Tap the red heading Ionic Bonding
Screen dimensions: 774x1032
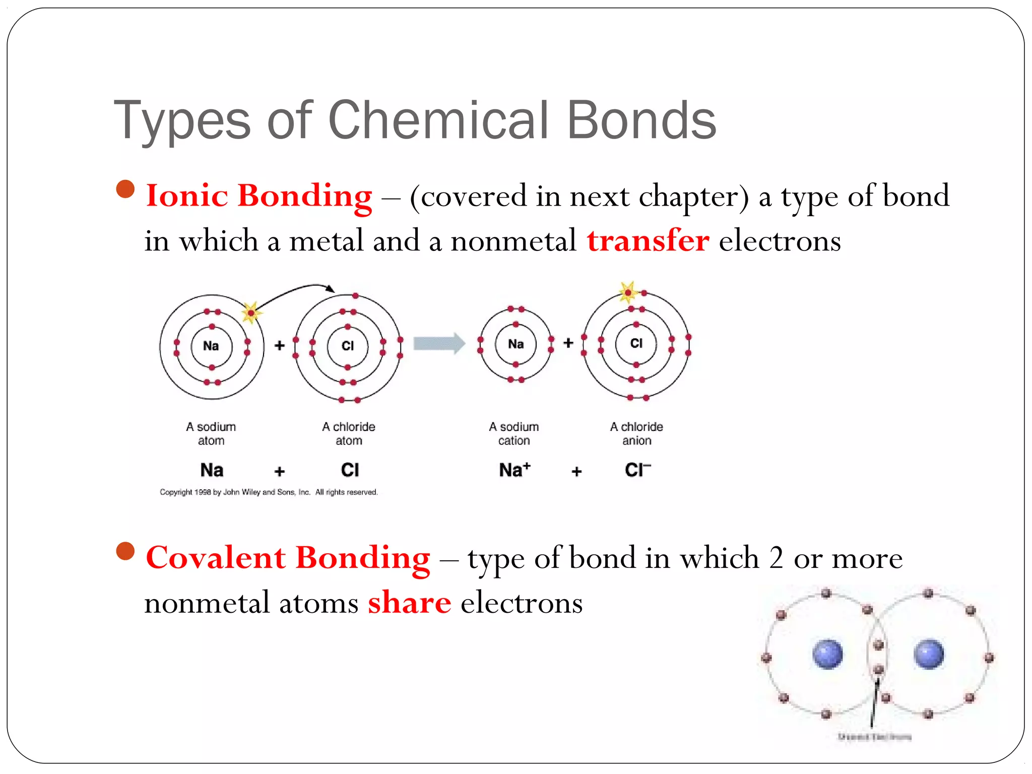[x=259, y=196]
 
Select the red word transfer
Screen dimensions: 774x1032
[x=648, y=240]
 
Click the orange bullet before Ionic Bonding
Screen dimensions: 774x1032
[x=125, y=189]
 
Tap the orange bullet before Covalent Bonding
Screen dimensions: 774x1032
[x=125, y=551]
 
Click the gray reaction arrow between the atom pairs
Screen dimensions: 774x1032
[x=439, y=344]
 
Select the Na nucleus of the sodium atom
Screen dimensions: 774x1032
[x=211, y=346]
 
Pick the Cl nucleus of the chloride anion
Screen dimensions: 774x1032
[x=636, y=344]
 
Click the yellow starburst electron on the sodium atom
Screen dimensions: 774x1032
[x=251, y=313]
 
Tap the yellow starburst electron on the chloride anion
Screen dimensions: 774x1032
[x=628, y=292]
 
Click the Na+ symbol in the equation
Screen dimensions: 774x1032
[x=514, y=470]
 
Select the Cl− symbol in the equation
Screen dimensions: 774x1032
[x=637, y=470]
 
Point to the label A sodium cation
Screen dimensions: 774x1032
[x=514, y=433]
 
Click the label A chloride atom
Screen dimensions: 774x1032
[x=349, y=433]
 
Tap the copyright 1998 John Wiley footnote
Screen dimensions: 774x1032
[x=269, y=492]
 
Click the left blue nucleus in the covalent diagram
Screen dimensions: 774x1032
[x=827, y=654]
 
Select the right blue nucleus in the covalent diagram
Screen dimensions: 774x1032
[x=928, y=654]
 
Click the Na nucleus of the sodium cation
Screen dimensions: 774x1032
[x=515, y=344]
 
